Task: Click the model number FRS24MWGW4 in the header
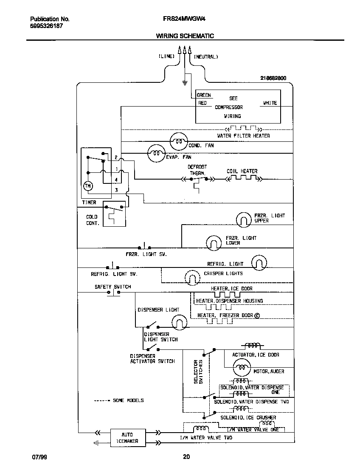[179, 19]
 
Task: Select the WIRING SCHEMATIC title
[185, 36]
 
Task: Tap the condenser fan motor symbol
[178, 141]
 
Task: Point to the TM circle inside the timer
[88, 186]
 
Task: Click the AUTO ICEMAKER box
[127, 437]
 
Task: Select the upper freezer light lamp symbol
[245, 219]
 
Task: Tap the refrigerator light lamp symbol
[259, 263]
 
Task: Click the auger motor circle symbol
[242, 366]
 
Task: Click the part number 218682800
[273, 78]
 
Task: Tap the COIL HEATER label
[242, 171]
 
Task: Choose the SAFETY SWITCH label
[112, 287]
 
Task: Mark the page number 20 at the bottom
[186, 457]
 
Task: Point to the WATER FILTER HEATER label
[243, 136]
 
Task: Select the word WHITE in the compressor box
[270, 103]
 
